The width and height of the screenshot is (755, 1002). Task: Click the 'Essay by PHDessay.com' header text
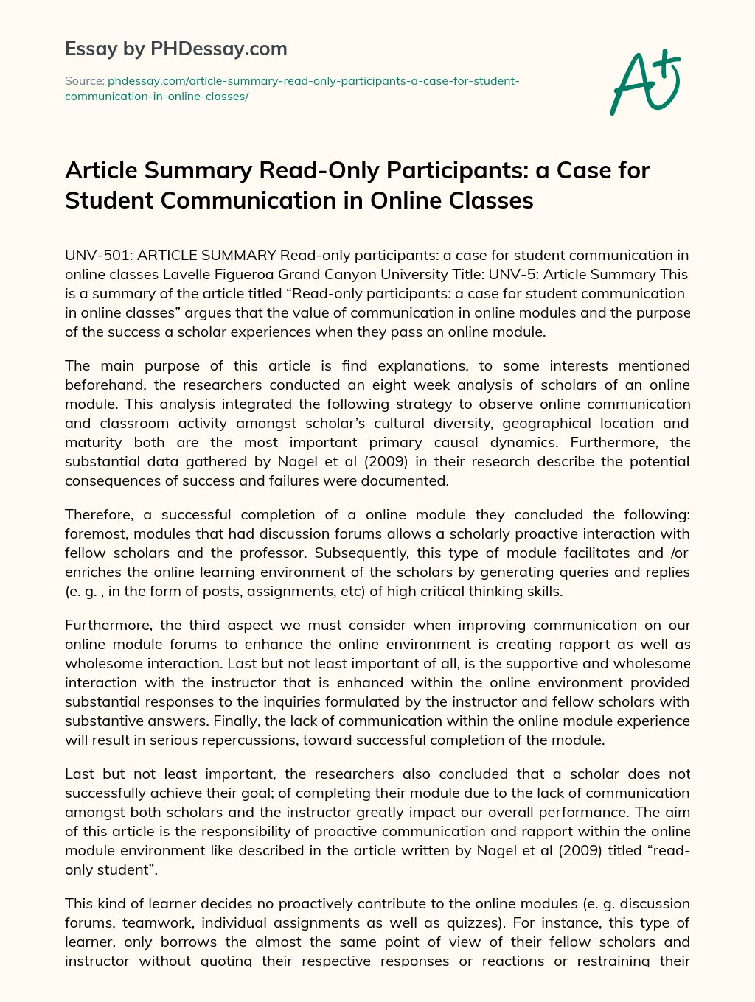(176, 49)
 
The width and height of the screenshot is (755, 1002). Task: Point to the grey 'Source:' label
(85, 80)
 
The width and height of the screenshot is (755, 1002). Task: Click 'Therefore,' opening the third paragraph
(99, 514)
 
